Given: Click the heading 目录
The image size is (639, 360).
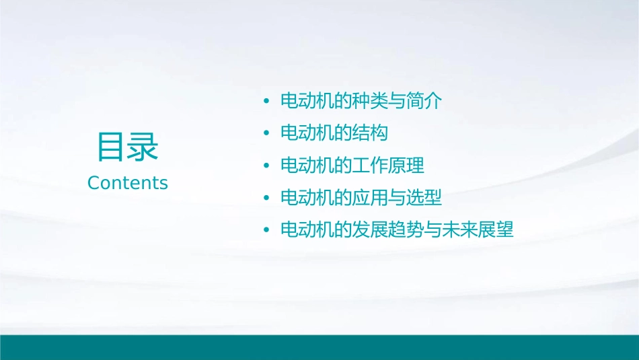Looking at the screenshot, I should [128, 146].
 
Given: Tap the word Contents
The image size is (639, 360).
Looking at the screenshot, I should [128, 183].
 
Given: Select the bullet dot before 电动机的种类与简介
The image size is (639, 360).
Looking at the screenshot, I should [266, 102].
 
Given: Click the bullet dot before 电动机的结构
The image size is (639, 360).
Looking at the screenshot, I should [266, 134].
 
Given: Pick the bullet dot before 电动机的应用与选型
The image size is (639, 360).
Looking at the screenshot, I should [266, 199].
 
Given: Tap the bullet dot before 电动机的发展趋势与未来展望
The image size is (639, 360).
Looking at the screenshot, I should [266, 231].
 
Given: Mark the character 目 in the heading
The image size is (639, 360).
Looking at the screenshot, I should [112, 146].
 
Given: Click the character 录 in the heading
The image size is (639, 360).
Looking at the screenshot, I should [143, 146].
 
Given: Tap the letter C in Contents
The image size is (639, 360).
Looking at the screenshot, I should [93, 183].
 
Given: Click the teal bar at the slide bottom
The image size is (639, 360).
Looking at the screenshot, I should [319, 347].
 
